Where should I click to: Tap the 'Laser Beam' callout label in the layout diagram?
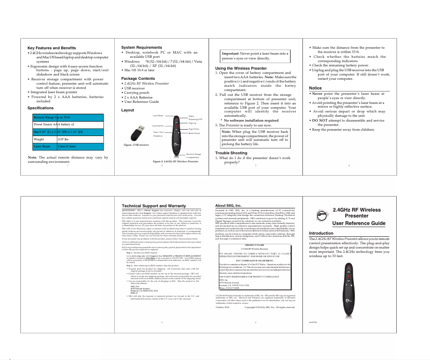[158, 116]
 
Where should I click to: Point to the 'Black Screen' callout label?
[194, 132]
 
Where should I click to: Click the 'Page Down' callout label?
[194, 129]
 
